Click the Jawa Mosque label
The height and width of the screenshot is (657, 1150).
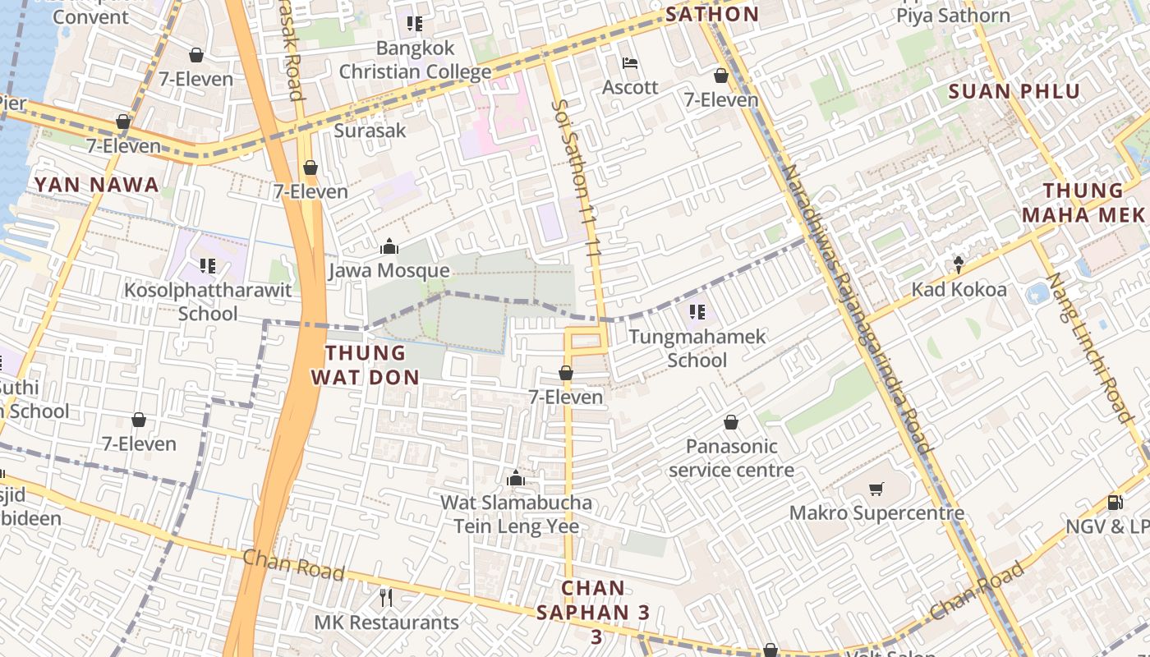point(389,271)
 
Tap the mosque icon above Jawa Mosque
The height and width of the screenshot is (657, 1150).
point(389,246)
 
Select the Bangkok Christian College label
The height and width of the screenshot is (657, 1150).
point(415,60)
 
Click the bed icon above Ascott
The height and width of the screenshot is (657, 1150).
point(630,63)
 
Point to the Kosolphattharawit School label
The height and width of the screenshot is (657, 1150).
point(208,301)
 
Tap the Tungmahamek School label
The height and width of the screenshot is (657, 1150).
point(697,348)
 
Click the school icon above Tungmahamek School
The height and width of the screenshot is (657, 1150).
point(697,312)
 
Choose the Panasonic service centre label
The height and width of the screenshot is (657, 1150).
point(731,458)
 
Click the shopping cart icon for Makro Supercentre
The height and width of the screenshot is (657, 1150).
point(876,489)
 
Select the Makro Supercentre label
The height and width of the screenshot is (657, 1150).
point(876,513)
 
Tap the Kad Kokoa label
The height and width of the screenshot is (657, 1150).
point(959,290)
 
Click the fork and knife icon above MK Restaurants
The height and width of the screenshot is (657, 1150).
point(386,597)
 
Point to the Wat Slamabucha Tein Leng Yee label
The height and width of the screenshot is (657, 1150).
point(516,514)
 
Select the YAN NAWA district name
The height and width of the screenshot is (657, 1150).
point(97,185)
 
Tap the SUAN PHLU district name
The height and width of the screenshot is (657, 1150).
point(1014,91)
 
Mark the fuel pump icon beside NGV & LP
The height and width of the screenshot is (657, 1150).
point(1115,502)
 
